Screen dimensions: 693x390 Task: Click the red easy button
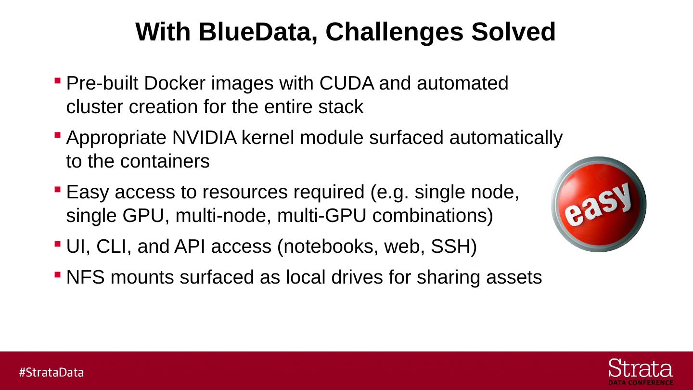click(598, 204)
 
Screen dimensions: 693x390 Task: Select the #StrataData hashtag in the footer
click(51, 372)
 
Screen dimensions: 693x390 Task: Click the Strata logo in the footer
click(641, 371)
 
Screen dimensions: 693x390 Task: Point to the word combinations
click(433, 216)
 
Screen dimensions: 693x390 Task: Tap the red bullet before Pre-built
click(58, 80)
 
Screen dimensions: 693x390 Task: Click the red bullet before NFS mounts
click(58, 274)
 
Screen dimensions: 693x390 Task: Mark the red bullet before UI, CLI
click(58, 243)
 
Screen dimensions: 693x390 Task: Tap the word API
click(190, 247)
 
